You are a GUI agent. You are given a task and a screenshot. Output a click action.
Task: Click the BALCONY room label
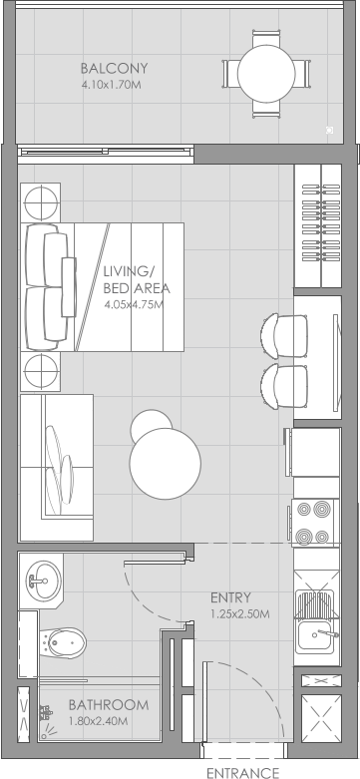click(114, 69)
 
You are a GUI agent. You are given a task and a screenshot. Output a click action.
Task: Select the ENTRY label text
click(230, 597)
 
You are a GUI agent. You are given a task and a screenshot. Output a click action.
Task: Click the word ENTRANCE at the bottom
click(241, 771)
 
